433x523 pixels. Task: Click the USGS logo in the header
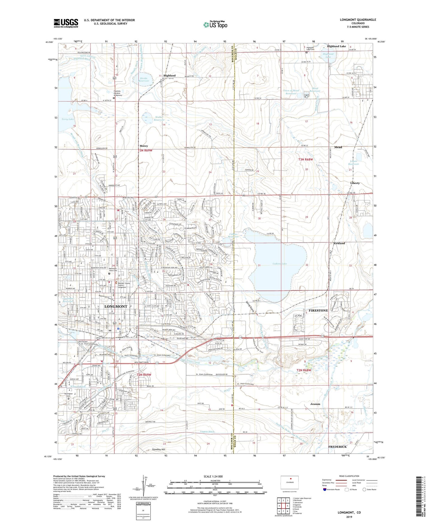tap(66, 23)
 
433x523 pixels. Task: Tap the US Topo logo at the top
tap(215, 25)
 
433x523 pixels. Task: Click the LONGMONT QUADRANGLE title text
tap(358, 20)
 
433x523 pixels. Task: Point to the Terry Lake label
tap(68, 119)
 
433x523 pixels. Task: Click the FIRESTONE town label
tap(318, 310)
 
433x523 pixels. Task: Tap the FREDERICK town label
tap(337, 447)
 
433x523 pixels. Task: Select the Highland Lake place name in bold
tap(336, 46)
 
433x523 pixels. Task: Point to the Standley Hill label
tap(159, 449)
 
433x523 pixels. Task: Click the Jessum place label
tap(315, 404)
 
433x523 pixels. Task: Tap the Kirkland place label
tap(339, 243)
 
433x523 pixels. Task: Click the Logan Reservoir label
tap(354, 162)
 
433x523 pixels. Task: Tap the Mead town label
tap(338, 147)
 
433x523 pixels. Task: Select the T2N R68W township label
tap(304, 370)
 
